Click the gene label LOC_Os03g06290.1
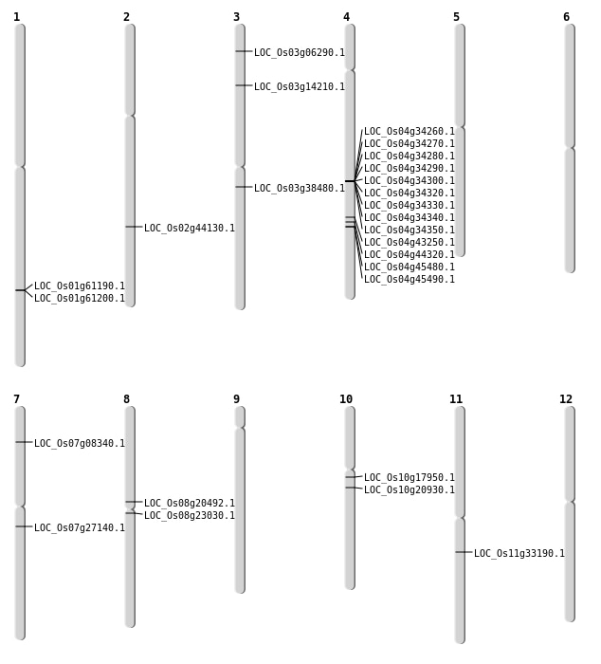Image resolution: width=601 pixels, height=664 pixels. tap(299, 53)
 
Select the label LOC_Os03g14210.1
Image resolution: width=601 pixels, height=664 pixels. tap(299, 87)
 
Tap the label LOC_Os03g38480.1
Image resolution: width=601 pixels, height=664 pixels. tap(299, 189)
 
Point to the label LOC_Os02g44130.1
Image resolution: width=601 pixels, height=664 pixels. tap(189, 229)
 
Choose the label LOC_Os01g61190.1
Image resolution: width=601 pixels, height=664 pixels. tap(79, 286)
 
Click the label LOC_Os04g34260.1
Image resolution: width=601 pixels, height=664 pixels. tap(409, 132)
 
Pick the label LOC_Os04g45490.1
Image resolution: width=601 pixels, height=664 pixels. tap(409, 280)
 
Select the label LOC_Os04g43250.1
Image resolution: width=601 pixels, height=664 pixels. tap(409, 243)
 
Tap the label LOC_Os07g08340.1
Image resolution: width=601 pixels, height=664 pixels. tap(79, 444)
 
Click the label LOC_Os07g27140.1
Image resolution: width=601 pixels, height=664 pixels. tap(79, 528)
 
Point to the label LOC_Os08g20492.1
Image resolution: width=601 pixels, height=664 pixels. tap(189, 504)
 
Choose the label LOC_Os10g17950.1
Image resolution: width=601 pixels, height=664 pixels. tap(409, 478)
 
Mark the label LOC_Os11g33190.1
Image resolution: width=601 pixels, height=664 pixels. tap(519, 554)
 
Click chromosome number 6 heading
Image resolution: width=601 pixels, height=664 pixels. tap(566, 17)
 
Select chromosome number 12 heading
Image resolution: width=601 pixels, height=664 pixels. tap(566, 399)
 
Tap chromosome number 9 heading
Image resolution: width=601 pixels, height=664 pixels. tap(236, 399)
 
